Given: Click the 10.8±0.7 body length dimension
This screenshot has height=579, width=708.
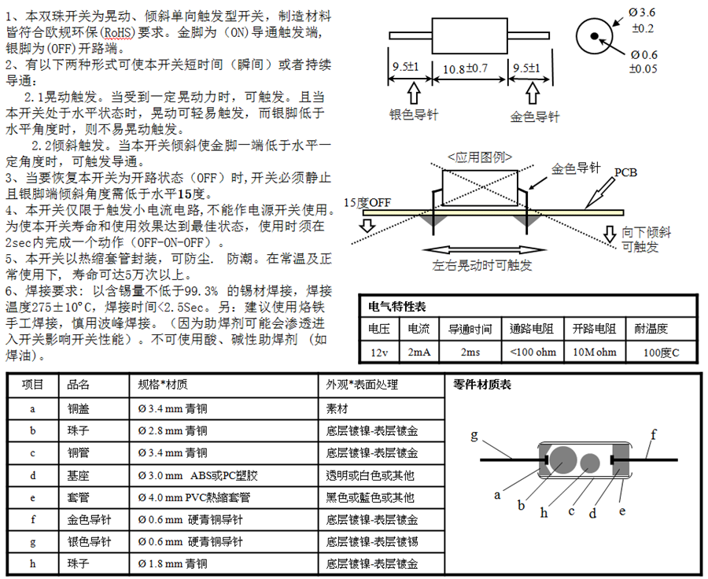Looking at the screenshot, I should (x=466, y=68).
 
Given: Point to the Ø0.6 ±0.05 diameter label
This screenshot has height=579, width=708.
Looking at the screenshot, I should (x=643, y=61).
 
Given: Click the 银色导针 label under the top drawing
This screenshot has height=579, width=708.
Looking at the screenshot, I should (x=415, y=115).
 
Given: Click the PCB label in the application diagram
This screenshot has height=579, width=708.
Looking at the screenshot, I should (x=625, y=172).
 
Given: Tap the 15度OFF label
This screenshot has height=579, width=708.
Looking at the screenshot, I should (x=367, y=202).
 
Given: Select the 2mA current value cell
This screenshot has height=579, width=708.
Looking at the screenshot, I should (x=419, y=352).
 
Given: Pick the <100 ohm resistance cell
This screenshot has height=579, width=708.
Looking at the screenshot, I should (x=533, y=352).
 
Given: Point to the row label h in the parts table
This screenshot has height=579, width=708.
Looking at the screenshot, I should (x=33, y=564).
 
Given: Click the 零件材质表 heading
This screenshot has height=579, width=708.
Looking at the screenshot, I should (x=482, y=385).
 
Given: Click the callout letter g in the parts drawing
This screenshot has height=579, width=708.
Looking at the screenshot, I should (x=474, y=434).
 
